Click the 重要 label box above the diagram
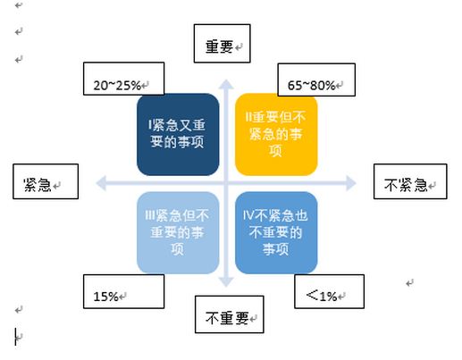tap(222, 44)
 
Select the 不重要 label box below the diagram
tap(230, 314)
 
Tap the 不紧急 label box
tap(410, 181)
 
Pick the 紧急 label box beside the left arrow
tap(46, 181)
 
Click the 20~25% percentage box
tap(123, 79)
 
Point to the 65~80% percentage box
tap(316, 80)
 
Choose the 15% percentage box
tap(123, 291)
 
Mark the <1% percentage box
tap(329, 291)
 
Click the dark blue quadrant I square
tap(178, 134)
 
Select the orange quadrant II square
tap(276, 134)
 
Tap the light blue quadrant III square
tap(178, 232)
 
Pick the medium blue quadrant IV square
tap(276, 232)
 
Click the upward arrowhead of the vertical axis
tap(226, 84)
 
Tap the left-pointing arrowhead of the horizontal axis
tap(101, 183)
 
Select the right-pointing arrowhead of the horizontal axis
tap(351, 183)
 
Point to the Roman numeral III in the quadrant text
tap(150, 215)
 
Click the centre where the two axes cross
tap(226, 183)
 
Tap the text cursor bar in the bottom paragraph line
tap(15, 337)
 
